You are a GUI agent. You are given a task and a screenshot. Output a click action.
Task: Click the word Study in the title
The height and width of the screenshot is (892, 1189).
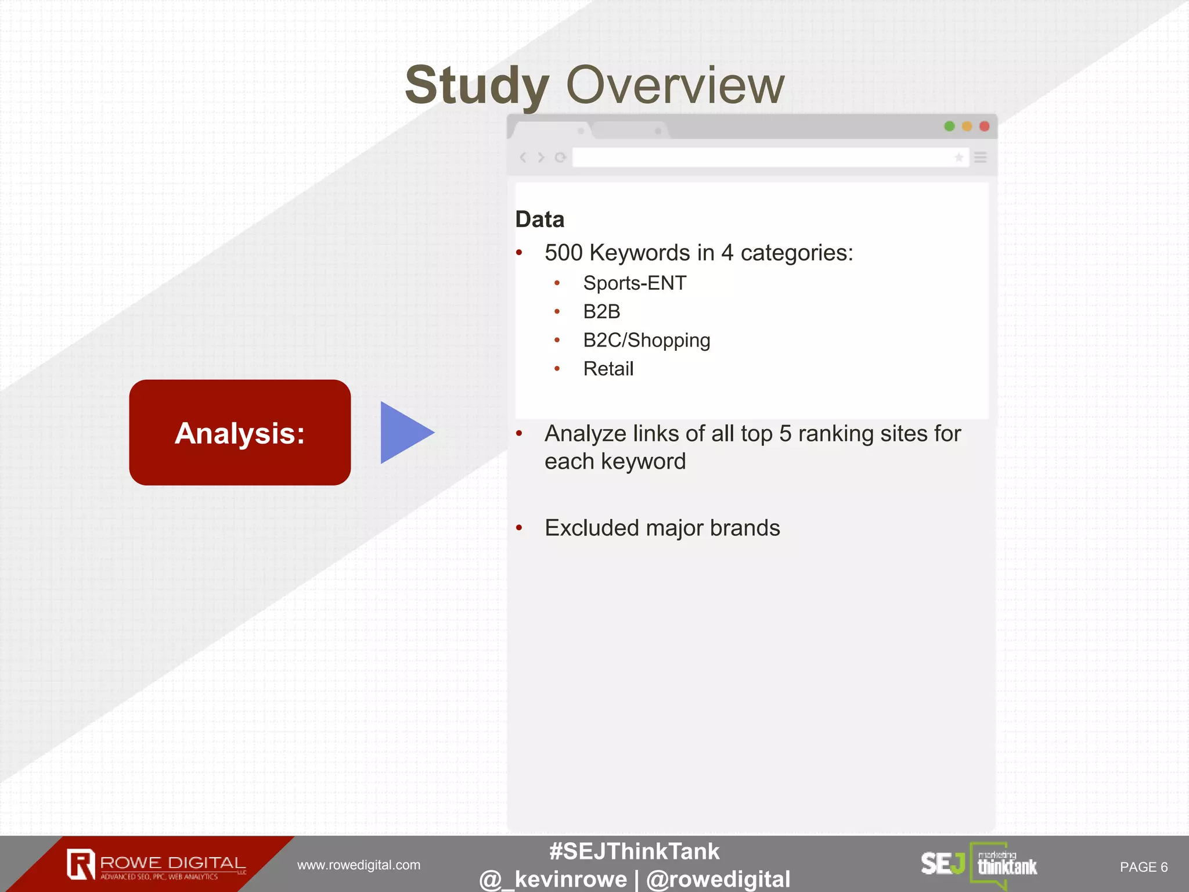477,86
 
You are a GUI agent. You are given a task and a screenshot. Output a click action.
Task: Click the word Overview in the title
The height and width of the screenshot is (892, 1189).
675,86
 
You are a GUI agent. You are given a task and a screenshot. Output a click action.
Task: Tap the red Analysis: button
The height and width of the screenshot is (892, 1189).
240,433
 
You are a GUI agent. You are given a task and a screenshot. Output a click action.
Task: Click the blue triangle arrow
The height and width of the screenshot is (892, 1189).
403,433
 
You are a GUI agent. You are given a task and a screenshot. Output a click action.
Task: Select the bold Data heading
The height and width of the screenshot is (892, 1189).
539,220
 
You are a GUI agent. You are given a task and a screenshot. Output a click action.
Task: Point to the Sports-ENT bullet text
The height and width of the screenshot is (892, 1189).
635,283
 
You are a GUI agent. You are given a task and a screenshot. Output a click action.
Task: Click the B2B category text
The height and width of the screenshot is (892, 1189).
601,312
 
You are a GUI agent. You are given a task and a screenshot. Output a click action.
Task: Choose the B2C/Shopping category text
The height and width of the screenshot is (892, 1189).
646,340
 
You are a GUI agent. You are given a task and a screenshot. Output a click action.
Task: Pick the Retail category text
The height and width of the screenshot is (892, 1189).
608,369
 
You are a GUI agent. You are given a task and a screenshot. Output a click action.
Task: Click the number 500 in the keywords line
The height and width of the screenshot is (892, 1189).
563,253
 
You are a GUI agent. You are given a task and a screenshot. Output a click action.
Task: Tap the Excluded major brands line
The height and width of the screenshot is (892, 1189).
662,528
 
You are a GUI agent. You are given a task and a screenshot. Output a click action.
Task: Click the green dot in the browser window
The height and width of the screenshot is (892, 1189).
949,126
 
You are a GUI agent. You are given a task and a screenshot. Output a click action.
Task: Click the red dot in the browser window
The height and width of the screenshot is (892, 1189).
984,126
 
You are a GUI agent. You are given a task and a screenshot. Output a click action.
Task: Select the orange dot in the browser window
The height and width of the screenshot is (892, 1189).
967,126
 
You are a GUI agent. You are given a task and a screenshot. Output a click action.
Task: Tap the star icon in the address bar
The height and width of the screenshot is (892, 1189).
959,157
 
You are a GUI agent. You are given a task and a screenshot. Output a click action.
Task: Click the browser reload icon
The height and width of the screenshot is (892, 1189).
560,157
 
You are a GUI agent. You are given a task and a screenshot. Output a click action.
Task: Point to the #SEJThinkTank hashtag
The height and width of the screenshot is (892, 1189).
634,851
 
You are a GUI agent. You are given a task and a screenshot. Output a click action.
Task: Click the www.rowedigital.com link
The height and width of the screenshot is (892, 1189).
359,865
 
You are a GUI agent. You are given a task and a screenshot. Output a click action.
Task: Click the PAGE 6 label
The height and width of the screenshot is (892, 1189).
1143,867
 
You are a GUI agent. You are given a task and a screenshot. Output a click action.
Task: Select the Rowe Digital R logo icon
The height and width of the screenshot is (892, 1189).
81,864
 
